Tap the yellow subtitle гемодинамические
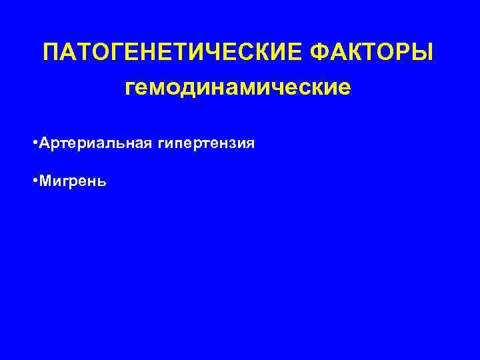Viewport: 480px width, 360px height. click(237, 88)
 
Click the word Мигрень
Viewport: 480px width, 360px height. click(72, 181)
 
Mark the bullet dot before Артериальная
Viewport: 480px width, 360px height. click(34, 143)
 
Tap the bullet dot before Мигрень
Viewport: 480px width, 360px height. click(34, 181)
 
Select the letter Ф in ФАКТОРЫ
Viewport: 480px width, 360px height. click(321, 53)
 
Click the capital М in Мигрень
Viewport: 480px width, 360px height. click(45, 181)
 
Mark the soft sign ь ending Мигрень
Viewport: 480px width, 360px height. click(100, 181)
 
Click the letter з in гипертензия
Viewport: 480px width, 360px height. click(231, 144)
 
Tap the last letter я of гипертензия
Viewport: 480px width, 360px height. click(250, 144)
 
